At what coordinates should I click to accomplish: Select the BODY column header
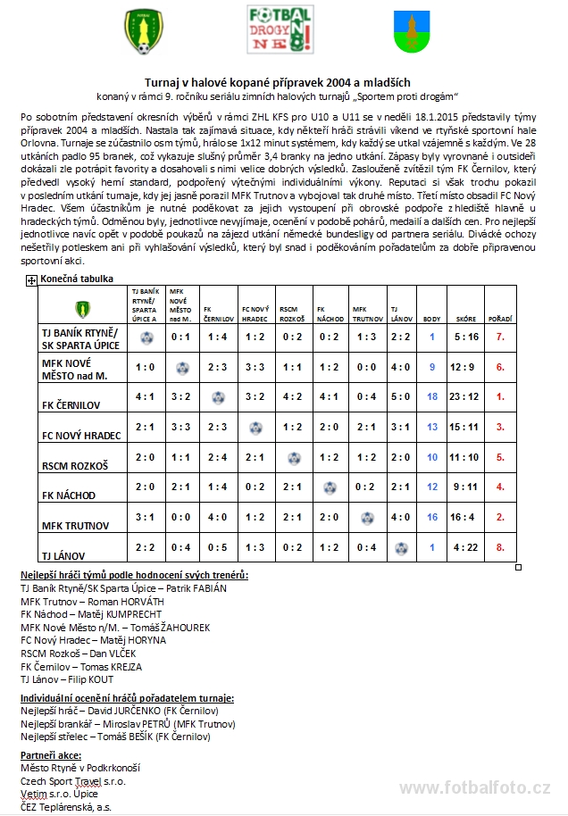[x=431, y=319]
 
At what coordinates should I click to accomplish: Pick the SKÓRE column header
[x=465, y=319]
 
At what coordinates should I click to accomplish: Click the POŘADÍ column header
[x=499, y=319]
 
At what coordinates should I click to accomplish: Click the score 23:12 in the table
[x=465, y=396]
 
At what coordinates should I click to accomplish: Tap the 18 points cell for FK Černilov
[x=432, y=396]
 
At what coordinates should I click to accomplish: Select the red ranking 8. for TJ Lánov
[x=500, y=547]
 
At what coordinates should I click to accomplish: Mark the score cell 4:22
[x=465, y=547]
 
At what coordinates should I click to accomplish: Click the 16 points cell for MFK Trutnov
[x=432, y=517]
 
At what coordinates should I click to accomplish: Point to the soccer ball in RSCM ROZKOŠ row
[x=293, y=457]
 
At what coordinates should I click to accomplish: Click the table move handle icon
[x=31, y=280]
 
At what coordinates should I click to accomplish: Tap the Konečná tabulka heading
[x=76, y=279]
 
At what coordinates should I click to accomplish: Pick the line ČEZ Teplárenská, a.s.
[x=67, y=806]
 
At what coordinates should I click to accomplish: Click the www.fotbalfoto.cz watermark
[x=474, y=787]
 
